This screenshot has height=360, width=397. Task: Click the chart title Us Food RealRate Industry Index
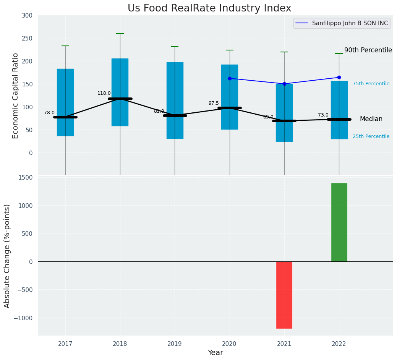[x=209, y=8]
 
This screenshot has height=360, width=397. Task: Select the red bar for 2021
[x=284, y=295]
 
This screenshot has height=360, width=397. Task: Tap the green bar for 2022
[x=339, y=222]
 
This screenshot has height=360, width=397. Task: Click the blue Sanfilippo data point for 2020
[x=230, y=78]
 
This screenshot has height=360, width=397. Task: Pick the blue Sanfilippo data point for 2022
[x=339, y=77]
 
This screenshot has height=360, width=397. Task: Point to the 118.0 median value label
[x=104, y=93]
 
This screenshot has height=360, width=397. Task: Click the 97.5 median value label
[x=214, y=103]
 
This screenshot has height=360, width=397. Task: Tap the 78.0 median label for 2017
[x=49, y=113]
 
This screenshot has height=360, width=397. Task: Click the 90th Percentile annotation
[x=368, y=50]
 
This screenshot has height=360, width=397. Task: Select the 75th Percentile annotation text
[x=371, y=84]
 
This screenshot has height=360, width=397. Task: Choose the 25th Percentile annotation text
[x=371, y=136]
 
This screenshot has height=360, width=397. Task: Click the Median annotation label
[x=371, y=119]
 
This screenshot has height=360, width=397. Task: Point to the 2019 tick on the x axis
[x=175, y=344]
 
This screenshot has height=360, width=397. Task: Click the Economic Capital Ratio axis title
[x=16, y=96]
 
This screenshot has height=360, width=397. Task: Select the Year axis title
[x=215, y=353]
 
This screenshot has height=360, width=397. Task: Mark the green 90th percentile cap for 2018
[x=120, y=34]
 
